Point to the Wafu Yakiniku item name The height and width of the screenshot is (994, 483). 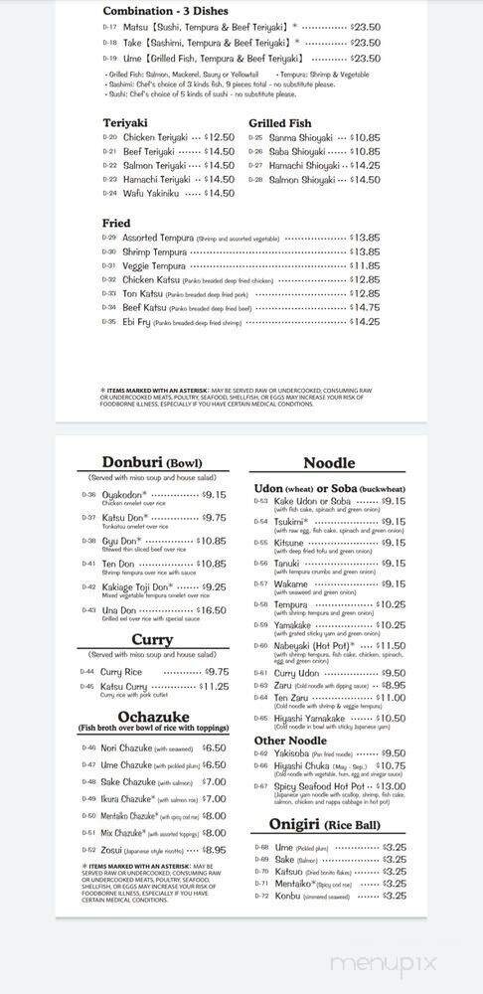pyautogui.click(x=152, y=194)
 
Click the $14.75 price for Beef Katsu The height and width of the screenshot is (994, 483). pyautogui.click(x=364, y=308)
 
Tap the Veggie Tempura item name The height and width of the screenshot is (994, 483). pyautogui.click(x=155, y=265)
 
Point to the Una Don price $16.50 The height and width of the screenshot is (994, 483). pyautogui.click(x=210, y=610)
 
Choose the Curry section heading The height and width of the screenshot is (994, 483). pyautogui.click(x=152, y=640)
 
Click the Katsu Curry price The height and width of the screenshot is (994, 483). pyautogui.click(x=214, y=686)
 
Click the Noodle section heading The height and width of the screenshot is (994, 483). pyautogui.click(x=329, y=462)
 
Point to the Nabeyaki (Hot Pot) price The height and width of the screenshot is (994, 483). pyautogui.click(x=390, y=645)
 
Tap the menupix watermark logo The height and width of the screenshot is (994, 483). pyautogui.click(x=397, y=964)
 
